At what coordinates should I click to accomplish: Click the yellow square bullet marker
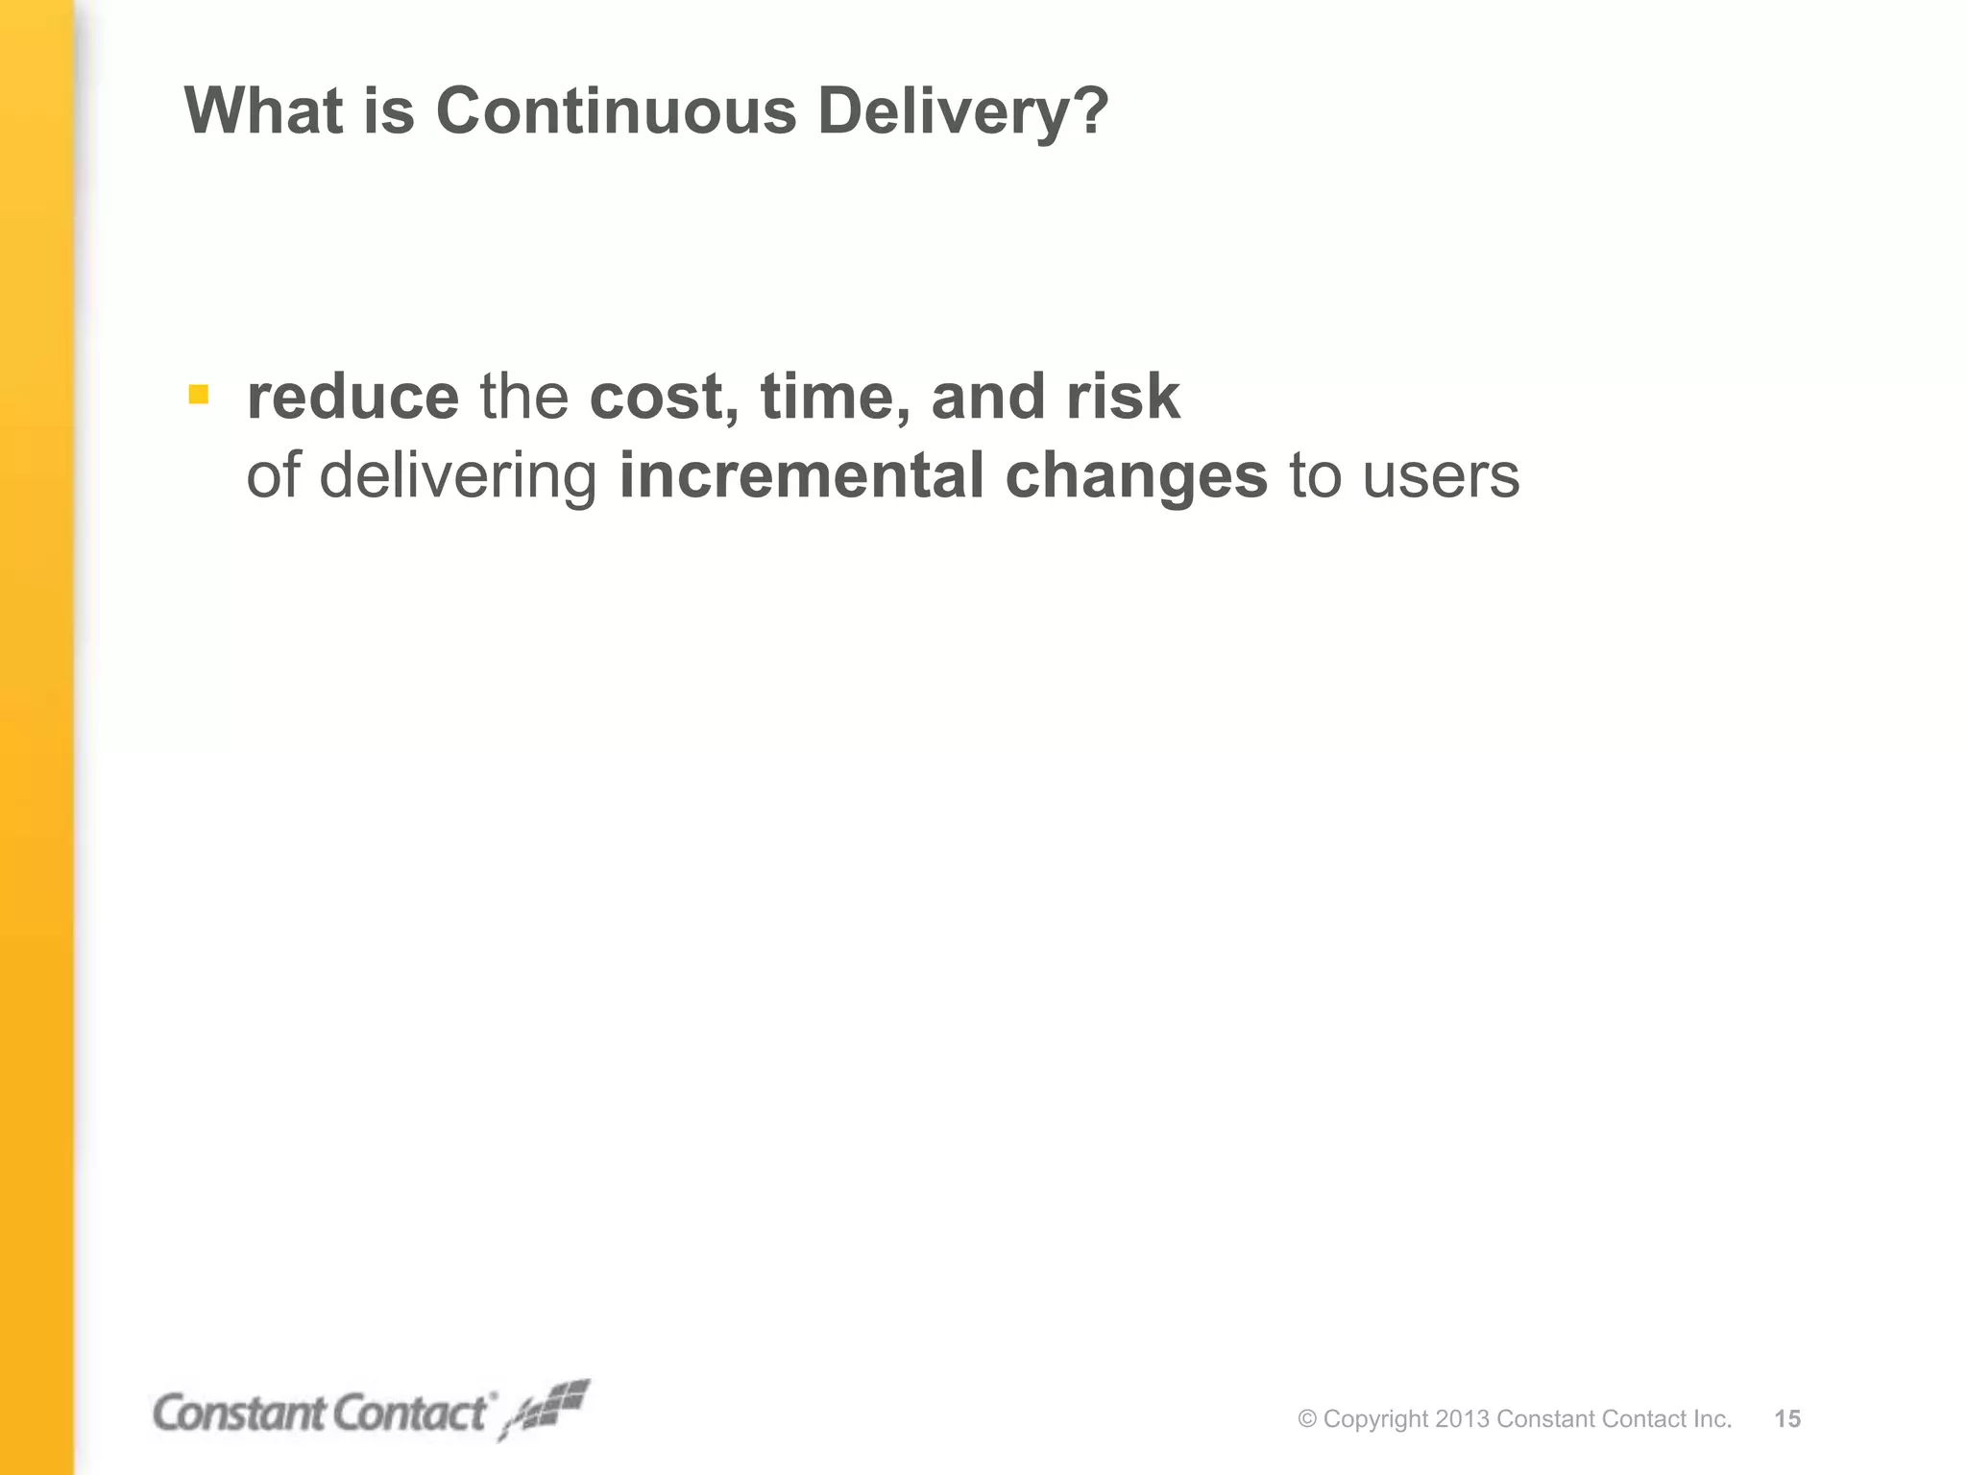pos(199,394)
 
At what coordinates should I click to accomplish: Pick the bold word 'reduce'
pos(352,397)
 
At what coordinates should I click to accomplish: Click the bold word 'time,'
pos(836,399)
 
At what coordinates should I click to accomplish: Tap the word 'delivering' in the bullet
pos(458,477)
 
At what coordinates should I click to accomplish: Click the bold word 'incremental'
pos(801,475)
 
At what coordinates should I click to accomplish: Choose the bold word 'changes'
pos(1136,477)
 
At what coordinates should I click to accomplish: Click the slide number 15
pos(1787,1419)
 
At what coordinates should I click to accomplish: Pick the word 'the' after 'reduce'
pos(523,397)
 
